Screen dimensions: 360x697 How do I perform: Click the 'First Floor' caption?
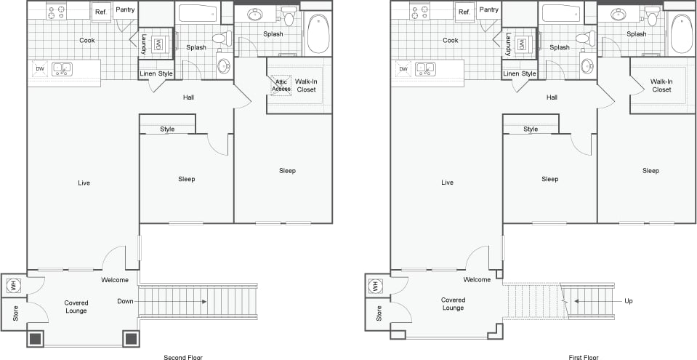584,357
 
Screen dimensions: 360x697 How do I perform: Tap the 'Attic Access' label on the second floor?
281,85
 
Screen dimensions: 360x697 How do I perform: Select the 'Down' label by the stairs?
125,301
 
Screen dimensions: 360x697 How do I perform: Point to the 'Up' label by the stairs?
628,301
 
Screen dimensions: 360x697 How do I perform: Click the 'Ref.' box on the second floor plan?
100,12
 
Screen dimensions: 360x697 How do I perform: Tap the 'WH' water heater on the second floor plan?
12,286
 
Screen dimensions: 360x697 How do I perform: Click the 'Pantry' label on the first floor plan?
488,9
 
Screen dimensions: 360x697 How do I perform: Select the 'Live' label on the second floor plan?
84,183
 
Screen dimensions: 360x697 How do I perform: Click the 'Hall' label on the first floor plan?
552,97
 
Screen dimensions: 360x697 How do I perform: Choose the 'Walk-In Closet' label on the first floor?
661,86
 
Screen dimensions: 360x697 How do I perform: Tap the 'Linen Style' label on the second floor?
156,74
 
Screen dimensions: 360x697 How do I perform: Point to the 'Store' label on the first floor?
379,313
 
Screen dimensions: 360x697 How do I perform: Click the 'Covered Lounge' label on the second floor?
76,306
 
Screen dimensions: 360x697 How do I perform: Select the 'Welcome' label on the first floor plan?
477,280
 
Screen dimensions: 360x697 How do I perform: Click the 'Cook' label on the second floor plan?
86,41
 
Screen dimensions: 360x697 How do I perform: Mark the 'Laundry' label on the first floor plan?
507,43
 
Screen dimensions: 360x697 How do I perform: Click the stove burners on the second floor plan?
56,11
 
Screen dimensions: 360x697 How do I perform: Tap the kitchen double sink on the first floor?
425,69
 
